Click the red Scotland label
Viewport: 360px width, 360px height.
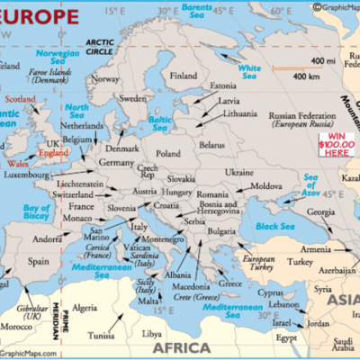click(x=21, y=99)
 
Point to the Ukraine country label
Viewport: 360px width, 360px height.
click(x=238, y=171)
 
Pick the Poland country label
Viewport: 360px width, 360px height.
click(x=168, y=154)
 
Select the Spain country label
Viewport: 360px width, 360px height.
click(x=38, y=261)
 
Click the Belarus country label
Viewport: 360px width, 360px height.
click(x=211, y=144)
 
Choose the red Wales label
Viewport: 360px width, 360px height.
click(x=15, y=165)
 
